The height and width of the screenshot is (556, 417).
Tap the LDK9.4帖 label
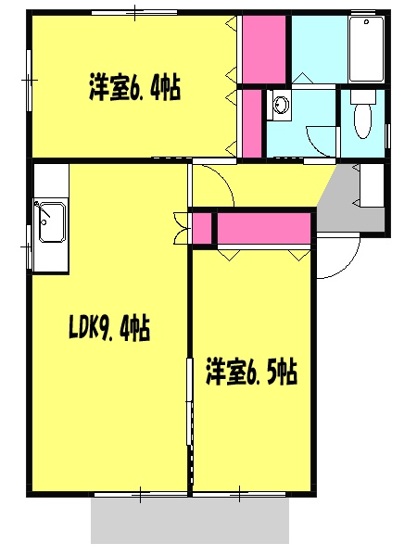(x=109, y=328)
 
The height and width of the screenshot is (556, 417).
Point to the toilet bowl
(x=362, y=121)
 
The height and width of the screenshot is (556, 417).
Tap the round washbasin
(x=281, y=106)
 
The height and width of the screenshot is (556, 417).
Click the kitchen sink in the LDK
(x=48, y=222)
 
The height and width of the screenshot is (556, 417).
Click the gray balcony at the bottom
(x=190, y=519)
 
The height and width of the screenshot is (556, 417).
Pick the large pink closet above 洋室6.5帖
(x=264, y=227)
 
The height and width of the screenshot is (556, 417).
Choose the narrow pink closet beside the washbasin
(x=251, y=122)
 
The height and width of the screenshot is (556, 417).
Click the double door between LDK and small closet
(x=181, y=228)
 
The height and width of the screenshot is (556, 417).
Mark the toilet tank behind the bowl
(x=362, y=96)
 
